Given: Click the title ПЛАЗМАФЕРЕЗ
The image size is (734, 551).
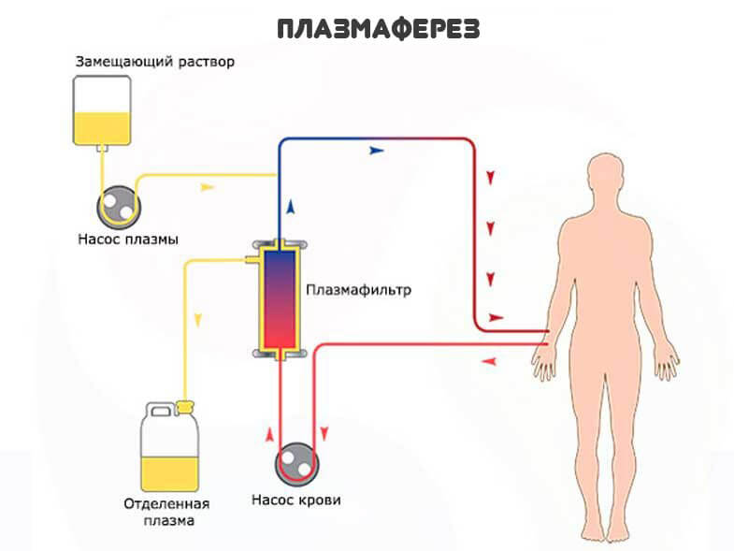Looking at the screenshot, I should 379,29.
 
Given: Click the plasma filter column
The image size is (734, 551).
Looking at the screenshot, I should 279,298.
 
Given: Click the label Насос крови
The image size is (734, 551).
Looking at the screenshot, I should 296,500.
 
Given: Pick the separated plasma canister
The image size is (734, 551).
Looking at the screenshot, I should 170,449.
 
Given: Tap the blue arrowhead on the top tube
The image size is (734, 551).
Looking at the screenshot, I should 378,149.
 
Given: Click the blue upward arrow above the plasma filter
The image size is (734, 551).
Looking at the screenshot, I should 291,206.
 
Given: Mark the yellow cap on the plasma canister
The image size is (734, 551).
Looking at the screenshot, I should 183,406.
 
